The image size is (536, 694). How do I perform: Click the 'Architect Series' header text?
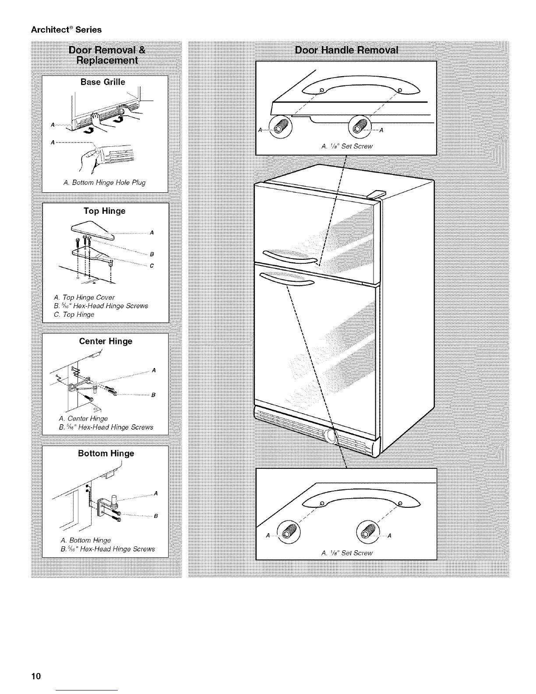[66, 30]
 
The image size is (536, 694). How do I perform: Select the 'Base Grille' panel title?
[102, 82]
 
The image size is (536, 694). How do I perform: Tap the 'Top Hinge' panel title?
[104, 211]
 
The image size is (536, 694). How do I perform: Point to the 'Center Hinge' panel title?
[106, 341]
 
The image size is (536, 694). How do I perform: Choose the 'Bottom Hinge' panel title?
[106, 453]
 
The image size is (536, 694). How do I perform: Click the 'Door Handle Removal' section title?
[346, 50]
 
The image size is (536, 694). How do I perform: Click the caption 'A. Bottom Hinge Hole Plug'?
[104, 182]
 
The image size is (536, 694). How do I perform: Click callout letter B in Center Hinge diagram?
[153, 395]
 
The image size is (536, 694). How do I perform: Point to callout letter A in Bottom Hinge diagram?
[155, 493]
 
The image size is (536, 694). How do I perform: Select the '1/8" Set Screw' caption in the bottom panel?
[346, 553]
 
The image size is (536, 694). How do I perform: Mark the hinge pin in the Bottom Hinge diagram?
[114, 499]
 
